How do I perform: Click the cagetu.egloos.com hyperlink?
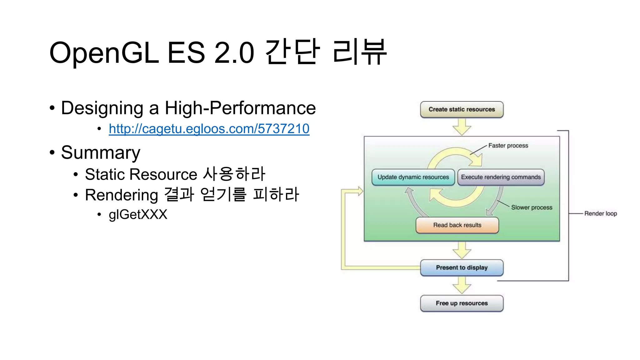[x=209, y=129]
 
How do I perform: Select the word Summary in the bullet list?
[x=100, y=152]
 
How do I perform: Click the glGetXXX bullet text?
[x=138, y=214]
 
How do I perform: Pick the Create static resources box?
[x=462, y=109]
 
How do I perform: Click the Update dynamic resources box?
[x=413, y=177]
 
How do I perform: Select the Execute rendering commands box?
[x=501, y=177]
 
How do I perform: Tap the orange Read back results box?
[x=457, y=225]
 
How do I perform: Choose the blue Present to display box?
[x=462, y=267]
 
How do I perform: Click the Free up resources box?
[x=462, y=303]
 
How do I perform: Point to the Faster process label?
[x=508, y=146]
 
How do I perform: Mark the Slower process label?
[x=532, y=207]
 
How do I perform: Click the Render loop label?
[x=600, y=214]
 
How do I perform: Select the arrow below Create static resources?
[x=462, y=127]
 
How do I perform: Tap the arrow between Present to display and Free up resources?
[x=462, y=285]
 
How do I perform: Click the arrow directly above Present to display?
[x=462, y=250]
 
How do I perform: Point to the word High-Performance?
[x=240, y=108]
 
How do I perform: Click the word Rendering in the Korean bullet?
[x=121, y=195]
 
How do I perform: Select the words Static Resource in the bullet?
[x=141, y=174]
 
